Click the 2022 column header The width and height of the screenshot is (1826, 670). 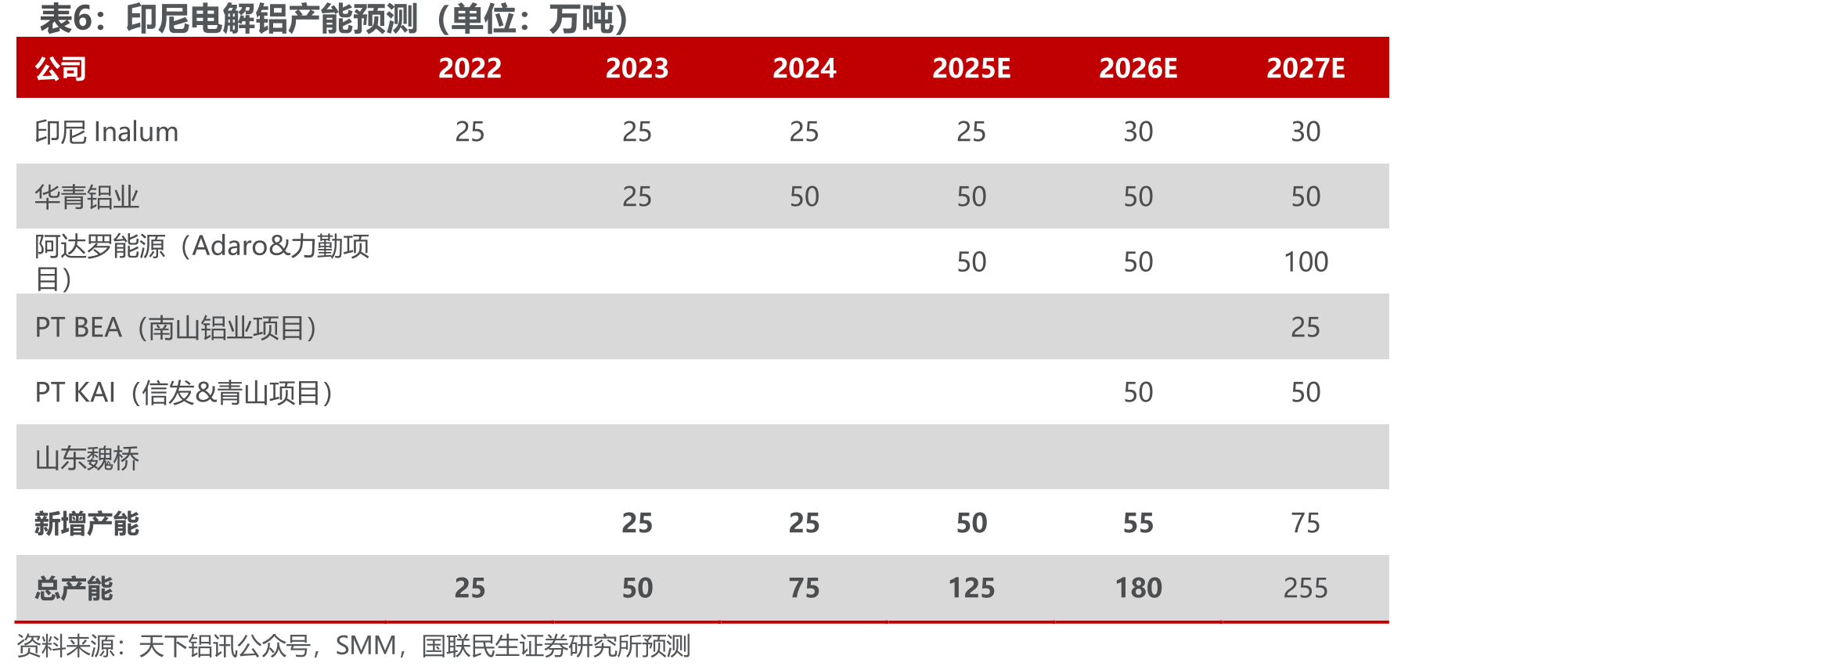point(470,68)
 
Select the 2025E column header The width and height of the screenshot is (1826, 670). point(971,68)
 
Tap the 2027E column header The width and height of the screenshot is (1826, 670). point(1306,68)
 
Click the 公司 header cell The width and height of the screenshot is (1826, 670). point(60,69)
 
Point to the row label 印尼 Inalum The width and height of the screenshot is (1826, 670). point(106,131)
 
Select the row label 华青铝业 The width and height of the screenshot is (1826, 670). point(87,196)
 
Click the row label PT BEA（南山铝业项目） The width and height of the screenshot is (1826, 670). point(176,327)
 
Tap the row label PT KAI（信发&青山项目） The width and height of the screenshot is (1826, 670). point(184,392)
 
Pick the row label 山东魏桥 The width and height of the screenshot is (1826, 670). point(87,458)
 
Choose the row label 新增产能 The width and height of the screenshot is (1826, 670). point(87,523)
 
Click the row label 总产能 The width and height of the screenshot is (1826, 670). point(74,588)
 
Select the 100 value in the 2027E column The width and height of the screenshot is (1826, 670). point(1306,261)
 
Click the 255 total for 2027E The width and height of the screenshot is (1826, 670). point(1306,588)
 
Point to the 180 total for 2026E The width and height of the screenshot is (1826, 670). point(1139,588)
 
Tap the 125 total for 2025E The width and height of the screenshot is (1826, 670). point(971,588)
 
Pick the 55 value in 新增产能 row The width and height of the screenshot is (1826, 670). point(1139,523)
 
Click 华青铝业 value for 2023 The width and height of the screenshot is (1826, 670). point(637,196)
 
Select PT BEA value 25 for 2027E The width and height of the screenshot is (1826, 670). point(1306,327)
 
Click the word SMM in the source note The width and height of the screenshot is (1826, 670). point(366,646)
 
